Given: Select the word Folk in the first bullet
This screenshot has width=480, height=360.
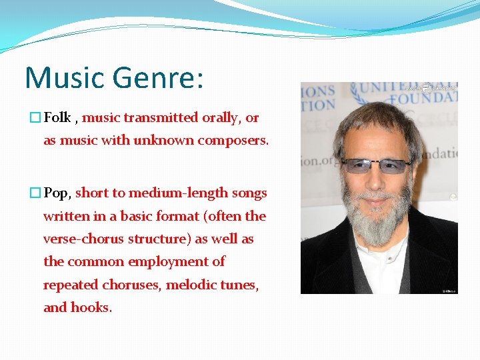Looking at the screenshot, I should pyautogui.click(x=57, y=118).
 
